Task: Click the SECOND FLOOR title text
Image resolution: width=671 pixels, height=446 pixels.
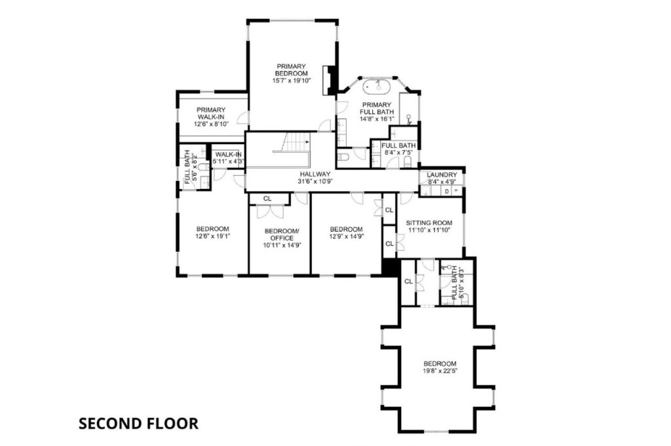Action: point(138,423)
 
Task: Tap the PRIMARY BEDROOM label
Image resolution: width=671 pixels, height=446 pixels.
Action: point(291,70)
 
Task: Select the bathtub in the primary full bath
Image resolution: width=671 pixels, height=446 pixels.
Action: point(377,87)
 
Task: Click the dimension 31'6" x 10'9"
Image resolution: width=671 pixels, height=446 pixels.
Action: point(315,181)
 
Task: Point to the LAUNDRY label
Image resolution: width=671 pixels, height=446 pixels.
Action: point(442,175)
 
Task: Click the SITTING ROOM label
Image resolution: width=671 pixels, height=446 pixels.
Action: point(429,223)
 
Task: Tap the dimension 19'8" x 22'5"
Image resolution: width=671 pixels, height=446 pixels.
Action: point(440,371)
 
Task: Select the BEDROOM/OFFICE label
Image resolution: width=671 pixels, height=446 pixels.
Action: point(282,235)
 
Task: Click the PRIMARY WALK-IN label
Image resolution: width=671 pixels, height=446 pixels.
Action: point(211,113)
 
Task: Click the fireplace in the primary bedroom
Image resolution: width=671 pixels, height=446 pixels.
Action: point(330,80)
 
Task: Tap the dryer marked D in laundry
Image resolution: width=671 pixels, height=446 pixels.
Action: point(447,191)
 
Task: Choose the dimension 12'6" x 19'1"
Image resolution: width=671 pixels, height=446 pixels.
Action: point(213,235)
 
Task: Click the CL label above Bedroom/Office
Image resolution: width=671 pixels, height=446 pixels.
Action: point(267,199)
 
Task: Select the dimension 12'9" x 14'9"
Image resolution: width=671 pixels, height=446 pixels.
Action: point(346,235)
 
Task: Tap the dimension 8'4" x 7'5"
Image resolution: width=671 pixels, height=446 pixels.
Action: point(398,152)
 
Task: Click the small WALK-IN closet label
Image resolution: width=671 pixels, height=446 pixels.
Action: point(228,155)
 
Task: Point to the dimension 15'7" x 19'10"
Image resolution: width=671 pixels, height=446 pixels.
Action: point(291,81)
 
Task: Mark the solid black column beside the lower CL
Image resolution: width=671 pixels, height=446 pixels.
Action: point(391,267)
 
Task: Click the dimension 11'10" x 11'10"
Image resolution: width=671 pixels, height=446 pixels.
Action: point(429,230)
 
